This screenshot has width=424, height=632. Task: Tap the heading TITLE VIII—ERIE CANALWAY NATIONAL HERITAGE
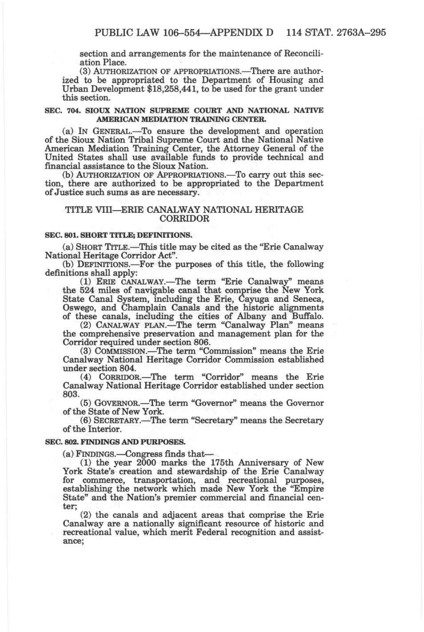pyautogui.click(x=184, y=210)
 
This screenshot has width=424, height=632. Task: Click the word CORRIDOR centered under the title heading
pyautogui.click(x=184, y=219)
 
